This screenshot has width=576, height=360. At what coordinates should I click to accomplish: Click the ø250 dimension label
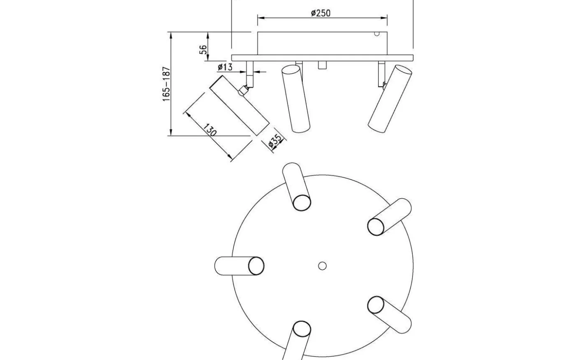(321, 13)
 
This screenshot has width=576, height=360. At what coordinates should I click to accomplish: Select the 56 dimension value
(203, 50)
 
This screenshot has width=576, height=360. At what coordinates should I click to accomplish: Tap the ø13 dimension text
(225, 67)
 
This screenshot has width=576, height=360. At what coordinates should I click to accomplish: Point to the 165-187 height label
(167, 84)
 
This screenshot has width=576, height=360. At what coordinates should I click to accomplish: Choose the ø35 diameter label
(275, 141)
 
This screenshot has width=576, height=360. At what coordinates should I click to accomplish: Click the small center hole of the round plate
(322, 266)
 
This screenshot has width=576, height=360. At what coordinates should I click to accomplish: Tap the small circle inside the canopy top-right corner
(377, 34)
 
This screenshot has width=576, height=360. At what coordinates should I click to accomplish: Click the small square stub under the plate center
(322, 65)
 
